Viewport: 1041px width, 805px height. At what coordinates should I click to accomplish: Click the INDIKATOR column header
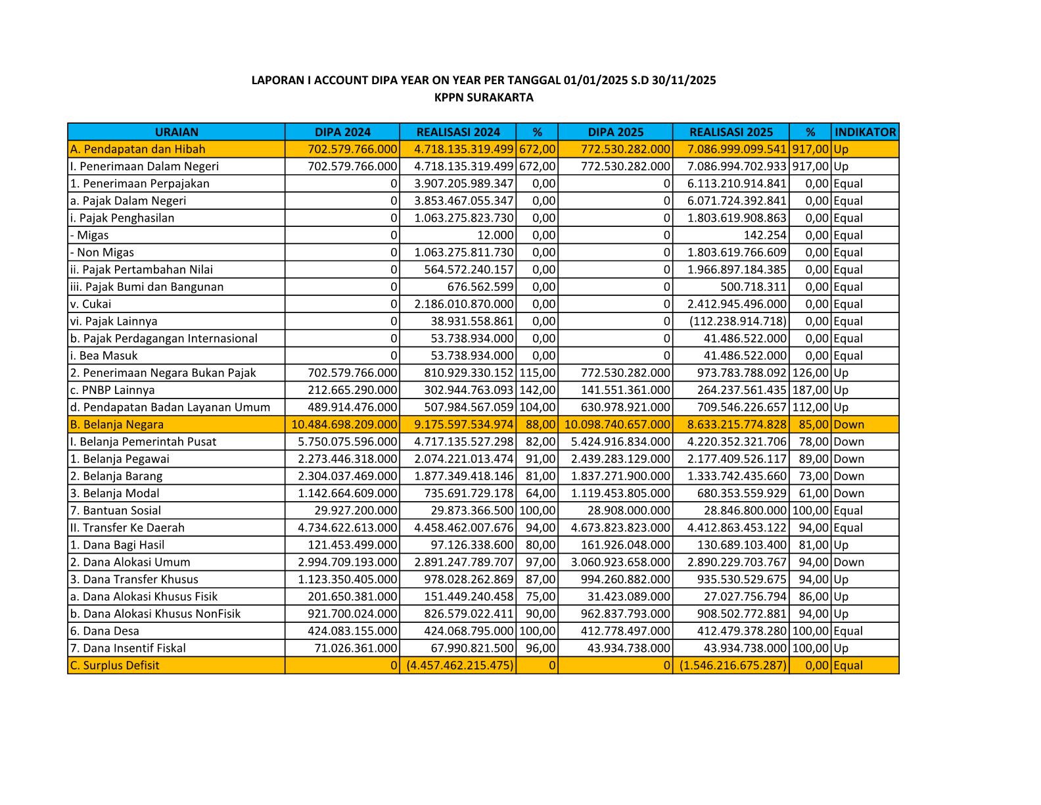(x=865, y=132)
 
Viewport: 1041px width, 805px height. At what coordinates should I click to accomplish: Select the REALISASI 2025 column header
(x=731, y=132)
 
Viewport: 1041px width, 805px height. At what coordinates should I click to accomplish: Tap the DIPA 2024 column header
(x=342, y=132)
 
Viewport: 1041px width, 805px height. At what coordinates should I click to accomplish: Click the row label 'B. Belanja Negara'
(x=117, y=425)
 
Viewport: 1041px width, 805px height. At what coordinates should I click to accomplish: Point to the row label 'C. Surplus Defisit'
(x=115, y=666)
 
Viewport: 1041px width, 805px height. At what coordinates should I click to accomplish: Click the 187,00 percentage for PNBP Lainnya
(x=810, y=390)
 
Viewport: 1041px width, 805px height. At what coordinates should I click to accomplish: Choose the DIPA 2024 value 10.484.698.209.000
(x=344, y=425)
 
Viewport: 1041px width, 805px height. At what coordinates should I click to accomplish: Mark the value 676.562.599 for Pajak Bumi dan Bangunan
(x=480, y=287)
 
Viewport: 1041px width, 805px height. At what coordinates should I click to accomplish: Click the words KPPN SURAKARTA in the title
(x=484, y=98)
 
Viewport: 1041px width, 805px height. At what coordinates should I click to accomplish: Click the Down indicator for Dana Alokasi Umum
(x=849, y=562)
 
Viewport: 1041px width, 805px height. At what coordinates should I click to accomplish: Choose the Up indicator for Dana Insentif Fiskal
(x=841, y=648)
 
